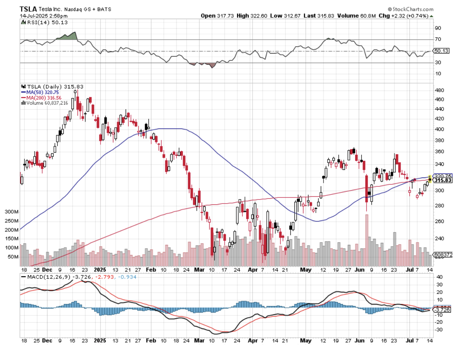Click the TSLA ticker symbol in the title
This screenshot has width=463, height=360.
tap(28, 9)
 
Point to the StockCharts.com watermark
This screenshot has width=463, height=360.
tap(410, 9)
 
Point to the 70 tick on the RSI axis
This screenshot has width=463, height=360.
tap(437, 40)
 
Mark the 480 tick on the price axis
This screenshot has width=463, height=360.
tap(439, 90)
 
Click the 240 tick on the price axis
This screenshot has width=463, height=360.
tap(439, 239)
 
